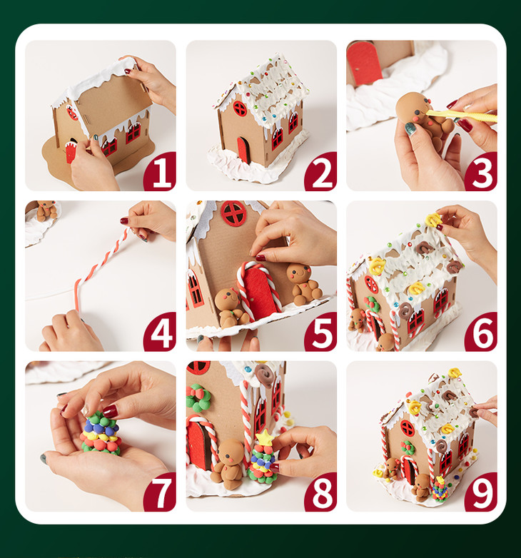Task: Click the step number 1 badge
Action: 160,171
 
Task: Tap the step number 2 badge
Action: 321,171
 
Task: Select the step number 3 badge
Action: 482,171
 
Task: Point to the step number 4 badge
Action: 160,332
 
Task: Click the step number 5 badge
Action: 321,332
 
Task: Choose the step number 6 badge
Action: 482,332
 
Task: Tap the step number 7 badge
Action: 160,492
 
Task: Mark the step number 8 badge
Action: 321,492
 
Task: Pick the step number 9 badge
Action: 482,492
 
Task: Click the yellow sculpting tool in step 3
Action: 462,116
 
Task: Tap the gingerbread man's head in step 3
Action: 413,106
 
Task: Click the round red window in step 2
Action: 240,108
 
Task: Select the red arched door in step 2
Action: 244,150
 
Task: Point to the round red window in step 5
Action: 233,213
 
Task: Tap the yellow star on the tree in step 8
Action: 264,437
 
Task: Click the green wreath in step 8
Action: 198,398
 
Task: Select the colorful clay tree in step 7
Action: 101,433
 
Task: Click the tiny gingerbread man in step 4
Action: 47,210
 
